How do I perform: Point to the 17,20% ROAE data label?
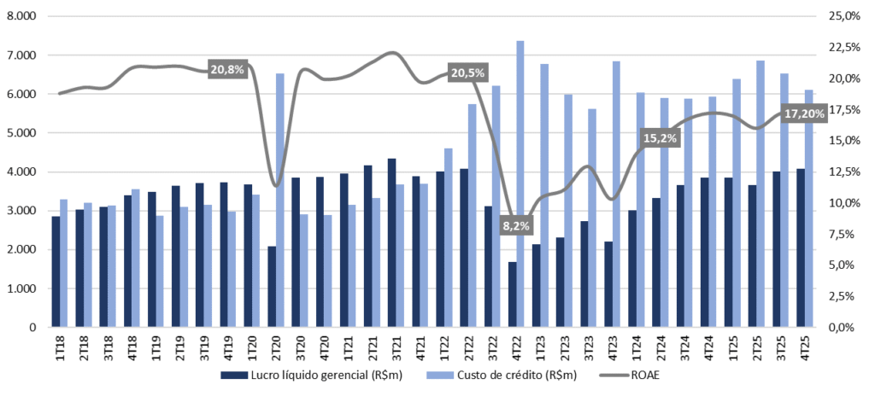pos(805,113)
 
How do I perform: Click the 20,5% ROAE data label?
pos(468,73)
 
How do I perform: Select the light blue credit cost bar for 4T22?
pos(520,183)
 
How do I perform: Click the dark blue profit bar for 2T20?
pos(272,287)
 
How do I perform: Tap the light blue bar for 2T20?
pos(280,200)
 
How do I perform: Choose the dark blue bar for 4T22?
pos(512,294)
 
